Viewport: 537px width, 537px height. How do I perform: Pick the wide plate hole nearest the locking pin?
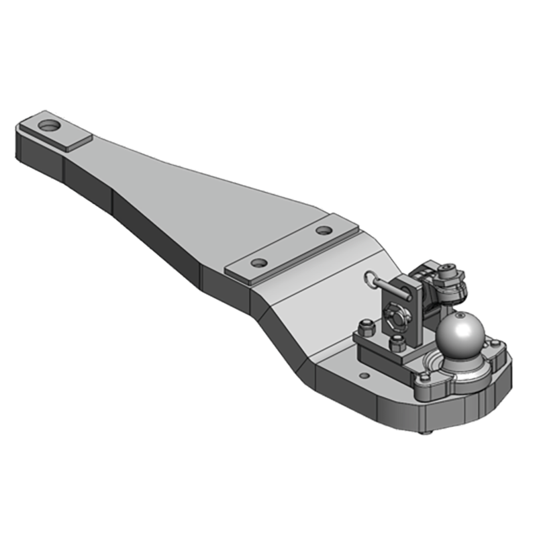(324, 230)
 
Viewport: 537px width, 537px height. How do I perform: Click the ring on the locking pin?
(371, 277)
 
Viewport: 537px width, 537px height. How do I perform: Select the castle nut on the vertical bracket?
(391, 313)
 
